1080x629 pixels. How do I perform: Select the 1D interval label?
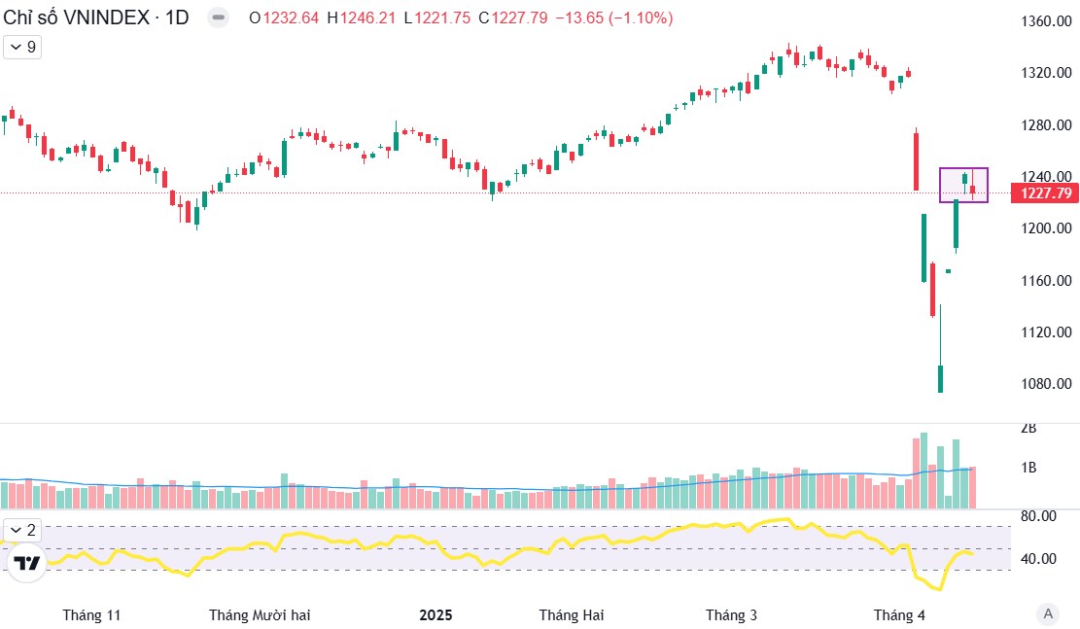[x=176, y=17]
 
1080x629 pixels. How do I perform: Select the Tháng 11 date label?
[x=91, y=614]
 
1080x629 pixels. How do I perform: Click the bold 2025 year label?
[x=435, y=614]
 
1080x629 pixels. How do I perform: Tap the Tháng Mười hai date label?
[x=260, y=614]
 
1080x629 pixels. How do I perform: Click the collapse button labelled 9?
[x=23, y=47]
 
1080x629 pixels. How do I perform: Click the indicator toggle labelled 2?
[x=23, y=530]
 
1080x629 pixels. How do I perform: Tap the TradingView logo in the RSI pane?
[x=27, y=563]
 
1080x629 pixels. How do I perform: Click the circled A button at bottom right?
[x=1047, y=613]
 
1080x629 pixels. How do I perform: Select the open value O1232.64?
[x=284, y=18]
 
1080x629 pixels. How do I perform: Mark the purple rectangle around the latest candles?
[x=963, y=185]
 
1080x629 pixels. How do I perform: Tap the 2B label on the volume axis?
[x=1028, y=428]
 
